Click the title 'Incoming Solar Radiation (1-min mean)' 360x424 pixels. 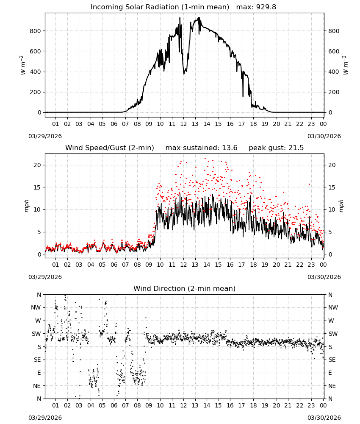click(x=160, y=7)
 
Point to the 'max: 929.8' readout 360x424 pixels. click(x=256, y=7)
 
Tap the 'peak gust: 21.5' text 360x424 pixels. click(x=276, y=148)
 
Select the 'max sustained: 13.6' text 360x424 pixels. click(x=201, y=148)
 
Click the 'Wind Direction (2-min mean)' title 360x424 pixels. click(x=185, y=288)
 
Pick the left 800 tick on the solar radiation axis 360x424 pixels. click(x=35, y=31)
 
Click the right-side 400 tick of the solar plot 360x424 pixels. click(x=334, y=72)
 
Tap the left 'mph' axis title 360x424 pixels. click(x=26, y=206)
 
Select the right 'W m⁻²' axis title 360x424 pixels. click(x=346, y=65)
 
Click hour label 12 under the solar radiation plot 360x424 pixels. click(x=183, y=124)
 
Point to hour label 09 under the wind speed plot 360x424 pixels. click(x=149, y=265)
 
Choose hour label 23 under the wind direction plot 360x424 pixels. click(x=311, y=405)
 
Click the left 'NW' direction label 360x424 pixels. click(x=36, y=308)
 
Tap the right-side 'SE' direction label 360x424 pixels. click(x=332, y=360)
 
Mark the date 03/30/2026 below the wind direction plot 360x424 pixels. click(x=324, y=418)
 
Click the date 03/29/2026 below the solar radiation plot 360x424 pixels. click(x=45, y=136)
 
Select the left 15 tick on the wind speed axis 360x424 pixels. click(x=37, y=187)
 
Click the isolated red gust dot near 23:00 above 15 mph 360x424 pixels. click(x=310, y=184)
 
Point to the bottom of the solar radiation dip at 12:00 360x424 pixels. click(x=184, y=73)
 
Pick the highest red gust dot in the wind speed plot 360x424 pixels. click(x=205, y=159)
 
